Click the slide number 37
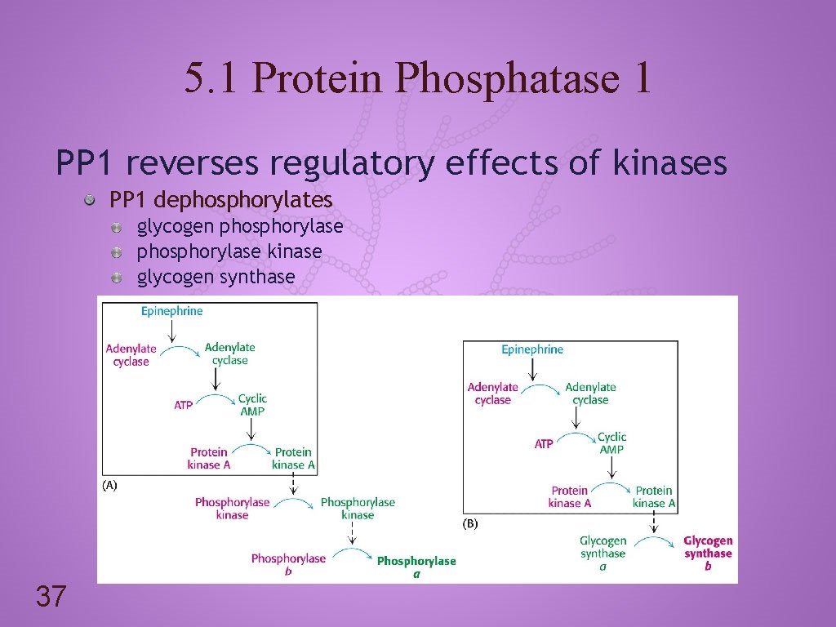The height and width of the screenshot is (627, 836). coord(50,597)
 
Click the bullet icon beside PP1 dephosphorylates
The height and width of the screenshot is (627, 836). coord(97,200)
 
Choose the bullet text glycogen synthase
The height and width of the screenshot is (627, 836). coord(216,277)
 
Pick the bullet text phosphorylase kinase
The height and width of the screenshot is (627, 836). coord(229,251)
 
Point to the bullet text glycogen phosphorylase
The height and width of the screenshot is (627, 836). coord(240,226)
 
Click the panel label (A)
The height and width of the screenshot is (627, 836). coord(109,485)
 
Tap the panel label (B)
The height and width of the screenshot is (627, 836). coord(470,524)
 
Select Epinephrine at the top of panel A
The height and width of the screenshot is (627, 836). coord(171,311)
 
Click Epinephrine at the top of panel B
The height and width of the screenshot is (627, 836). coord(532,349)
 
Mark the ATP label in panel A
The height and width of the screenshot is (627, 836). coord(184,405)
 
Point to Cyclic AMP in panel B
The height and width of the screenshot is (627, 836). coord(611,443)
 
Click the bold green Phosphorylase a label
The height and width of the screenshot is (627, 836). coord(416,567)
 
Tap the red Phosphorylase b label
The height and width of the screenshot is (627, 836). coord(288,564)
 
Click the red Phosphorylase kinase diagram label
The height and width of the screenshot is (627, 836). coord(232,509)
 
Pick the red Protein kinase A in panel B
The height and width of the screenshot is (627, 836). coord(570,496)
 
